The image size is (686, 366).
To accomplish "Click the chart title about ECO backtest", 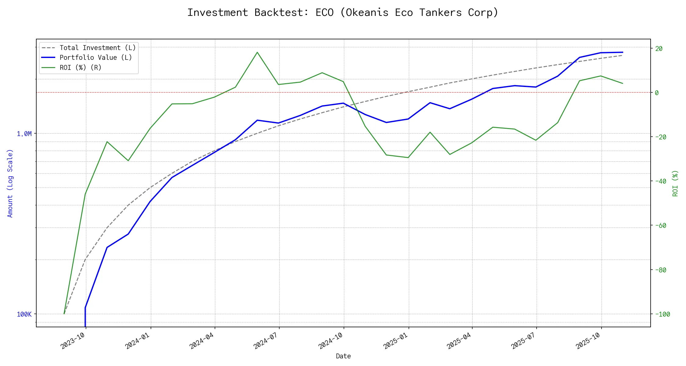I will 343,13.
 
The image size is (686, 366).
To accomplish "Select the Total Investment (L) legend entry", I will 97,48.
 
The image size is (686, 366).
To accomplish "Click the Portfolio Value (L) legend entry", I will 95,58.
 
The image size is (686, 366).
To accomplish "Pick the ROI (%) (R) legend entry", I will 80,67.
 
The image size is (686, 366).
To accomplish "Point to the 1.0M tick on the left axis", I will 24,134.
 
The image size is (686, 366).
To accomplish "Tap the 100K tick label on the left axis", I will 24,314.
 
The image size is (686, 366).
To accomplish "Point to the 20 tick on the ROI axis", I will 659,48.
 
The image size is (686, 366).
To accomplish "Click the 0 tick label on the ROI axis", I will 657,93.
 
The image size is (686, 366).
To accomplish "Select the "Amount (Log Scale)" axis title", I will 10,183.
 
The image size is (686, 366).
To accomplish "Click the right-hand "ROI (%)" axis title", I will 675,183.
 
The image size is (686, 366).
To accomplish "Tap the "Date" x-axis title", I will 343,356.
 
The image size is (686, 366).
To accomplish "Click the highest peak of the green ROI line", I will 257,52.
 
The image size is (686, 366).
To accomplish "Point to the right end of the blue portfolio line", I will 622,52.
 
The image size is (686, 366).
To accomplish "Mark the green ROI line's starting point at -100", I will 64,314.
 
